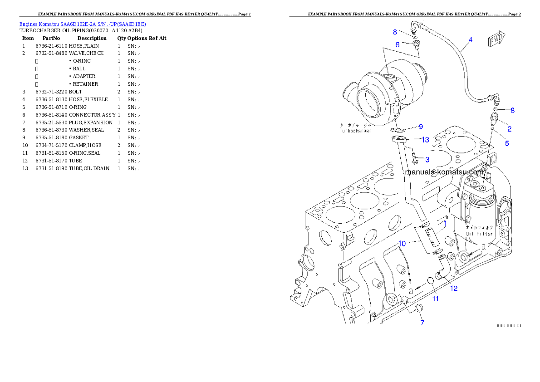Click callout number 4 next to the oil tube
(470, 40)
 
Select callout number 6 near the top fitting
(398, 45)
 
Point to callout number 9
(421, 127)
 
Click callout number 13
(425, 140)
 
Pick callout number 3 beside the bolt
(427, 159)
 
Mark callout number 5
(507, 143)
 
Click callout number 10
(402, 244)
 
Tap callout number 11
(435, 299)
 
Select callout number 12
(453, 288)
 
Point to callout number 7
(422, 323)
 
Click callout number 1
(445, 223)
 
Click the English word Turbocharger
(355, 131)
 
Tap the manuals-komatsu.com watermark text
(444, 172)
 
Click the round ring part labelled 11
(430, 283)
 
